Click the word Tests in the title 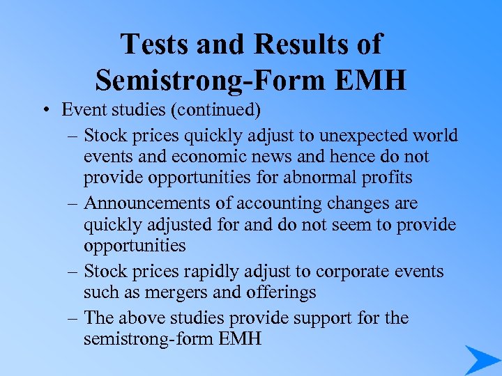(x=154, y=44)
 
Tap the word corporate (x=348, y=271)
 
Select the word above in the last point (x=144, y=318)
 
